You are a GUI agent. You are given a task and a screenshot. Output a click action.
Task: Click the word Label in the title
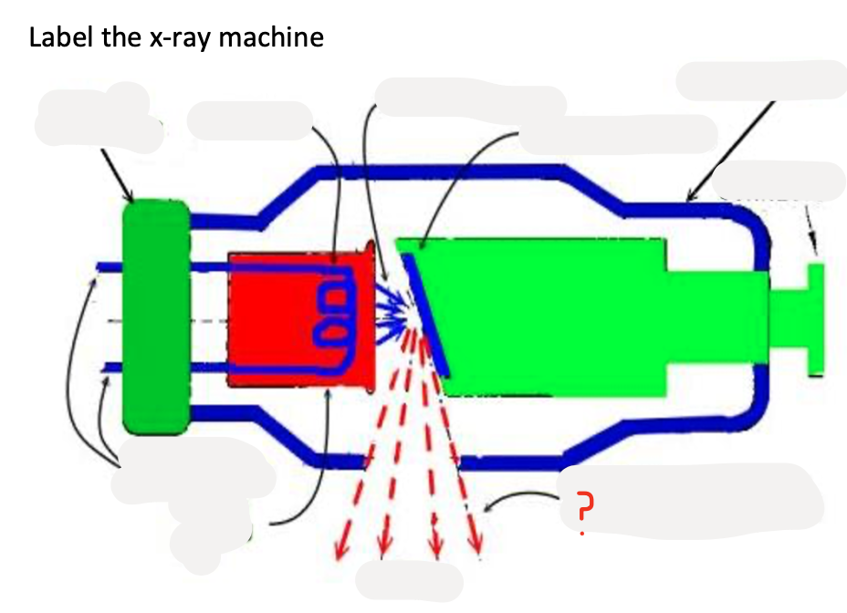point(58,38)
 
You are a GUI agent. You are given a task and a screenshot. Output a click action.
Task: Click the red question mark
point(585,504)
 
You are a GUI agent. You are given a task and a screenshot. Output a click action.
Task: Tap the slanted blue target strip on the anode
point(426,314)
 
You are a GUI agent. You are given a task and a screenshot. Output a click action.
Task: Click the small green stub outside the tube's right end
point(815,318)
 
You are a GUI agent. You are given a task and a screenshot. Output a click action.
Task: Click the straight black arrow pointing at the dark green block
point(118,176)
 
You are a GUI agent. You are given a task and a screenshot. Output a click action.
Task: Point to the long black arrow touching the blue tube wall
point(730,149)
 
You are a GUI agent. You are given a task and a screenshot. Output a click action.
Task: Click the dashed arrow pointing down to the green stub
point(810,228)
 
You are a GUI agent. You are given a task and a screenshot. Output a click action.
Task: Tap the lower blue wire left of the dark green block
point(110,367)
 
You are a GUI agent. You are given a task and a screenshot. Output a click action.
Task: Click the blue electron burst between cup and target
point(393,311)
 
